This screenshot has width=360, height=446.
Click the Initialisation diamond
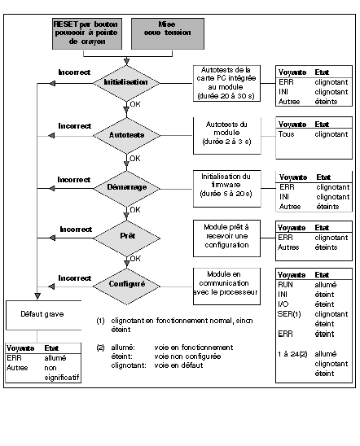(x=126, y=83)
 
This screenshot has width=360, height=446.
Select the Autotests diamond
(x=126, y=135)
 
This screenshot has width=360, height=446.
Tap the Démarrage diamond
(x=126, y=188)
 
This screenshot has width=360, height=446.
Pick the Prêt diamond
(x=126, y=238)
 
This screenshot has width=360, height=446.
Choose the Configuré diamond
(x=126, y=286)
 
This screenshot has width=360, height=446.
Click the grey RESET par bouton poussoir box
(x=87, y=33)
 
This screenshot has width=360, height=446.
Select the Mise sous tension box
(x=168, y=33)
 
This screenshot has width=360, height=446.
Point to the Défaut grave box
(x=43, y=315)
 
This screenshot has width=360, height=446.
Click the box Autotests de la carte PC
(x=226, y=83)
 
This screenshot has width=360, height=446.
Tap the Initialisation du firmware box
(x=226, y=189)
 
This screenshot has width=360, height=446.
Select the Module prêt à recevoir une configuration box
(x=226, y=238)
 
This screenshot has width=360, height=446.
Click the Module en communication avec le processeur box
(x=226, y=286)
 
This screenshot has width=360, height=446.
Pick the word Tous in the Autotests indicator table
(x=286, y=134)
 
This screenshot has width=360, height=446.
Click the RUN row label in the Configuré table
(x=285, y=284)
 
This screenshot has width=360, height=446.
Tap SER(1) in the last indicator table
(x=289, y=314)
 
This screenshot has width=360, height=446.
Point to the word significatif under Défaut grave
(x=61, y=378)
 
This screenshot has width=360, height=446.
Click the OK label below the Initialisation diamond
(x=135, y=104)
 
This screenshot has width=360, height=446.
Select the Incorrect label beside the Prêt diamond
(x=76, y=230)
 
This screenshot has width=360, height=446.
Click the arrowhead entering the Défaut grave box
(x=37, y=296)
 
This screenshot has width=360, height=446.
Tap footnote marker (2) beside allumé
(x=100, y=348)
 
